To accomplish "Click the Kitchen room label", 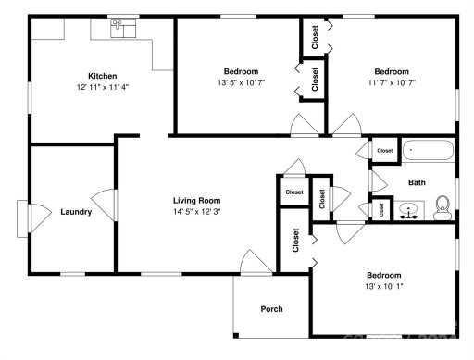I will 102,76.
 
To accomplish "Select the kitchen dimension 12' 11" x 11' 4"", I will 102,88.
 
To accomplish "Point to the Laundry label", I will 76,212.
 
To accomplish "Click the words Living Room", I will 196,200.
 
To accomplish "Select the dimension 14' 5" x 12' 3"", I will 196,212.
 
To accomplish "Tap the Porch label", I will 271,309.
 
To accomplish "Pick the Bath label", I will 418,182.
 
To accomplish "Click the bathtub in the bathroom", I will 429,151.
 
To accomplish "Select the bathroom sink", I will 408,211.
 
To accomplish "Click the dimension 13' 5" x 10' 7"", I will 241,83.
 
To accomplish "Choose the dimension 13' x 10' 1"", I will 383,287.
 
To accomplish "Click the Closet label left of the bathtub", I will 384,150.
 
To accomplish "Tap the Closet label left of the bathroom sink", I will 381,210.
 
